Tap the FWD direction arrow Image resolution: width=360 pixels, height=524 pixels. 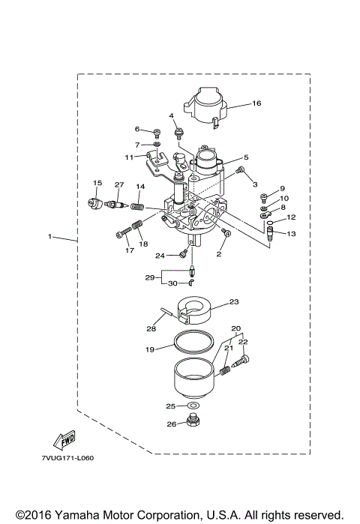(x=58, y=438)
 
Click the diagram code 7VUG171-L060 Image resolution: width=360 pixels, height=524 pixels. (x=68, y=458)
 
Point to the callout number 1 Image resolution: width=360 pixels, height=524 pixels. (x=49, y=237)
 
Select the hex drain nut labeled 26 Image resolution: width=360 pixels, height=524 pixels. (x=193, y=425)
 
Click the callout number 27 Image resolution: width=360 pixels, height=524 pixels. (x=118, y=185)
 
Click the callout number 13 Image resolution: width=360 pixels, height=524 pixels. (x=292, y=234)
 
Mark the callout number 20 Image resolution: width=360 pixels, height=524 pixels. (x=236, y=328)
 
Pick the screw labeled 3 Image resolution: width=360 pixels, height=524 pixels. (x=240, y=172)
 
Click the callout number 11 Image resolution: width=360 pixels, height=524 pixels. (x=129, y=157)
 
